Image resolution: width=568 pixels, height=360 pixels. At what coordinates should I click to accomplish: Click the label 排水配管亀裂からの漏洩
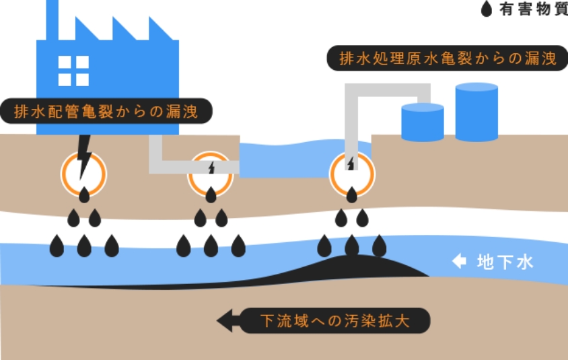[x=106, y=111]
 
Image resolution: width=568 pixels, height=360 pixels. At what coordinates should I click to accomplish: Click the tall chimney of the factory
[x=52, y=20]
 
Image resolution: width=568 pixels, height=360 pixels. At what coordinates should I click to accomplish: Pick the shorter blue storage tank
[x=422, y=122]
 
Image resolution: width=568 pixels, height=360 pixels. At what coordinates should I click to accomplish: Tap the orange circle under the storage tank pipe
[x=352, y=174]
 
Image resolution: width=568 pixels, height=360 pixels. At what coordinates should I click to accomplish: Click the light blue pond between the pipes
[x=283, y=161]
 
